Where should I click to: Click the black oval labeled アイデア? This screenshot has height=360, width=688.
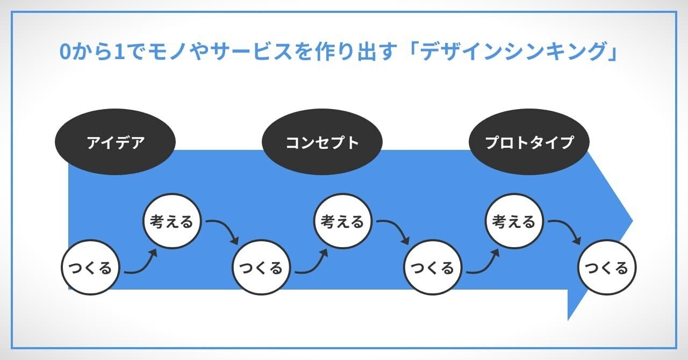click(116, 142)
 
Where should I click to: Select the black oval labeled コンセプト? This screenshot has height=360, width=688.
click(322, 142)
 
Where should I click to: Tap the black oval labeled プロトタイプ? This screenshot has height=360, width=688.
click(529, 142)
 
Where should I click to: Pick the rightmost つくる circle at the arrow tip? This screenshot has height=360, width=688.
click(607, 268)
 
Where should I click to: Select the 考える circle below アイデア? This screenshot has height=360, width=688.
click(172, 221)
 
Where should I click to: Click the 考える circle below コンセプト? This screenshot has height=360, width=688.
click(343, 221)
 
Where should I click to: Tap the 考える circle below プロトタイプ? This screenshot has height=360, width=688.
click(514, 221)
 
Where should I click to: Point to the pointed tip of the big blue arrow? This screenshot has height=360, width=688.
click(632, 220)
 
